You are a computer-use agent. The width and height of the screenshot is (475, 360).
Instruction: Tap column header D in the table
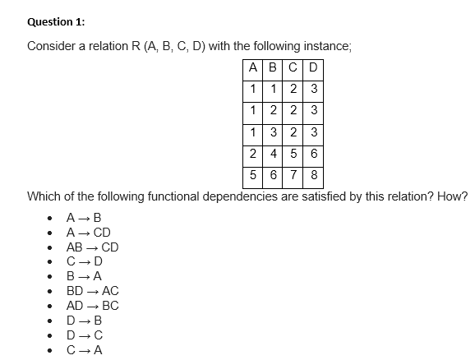[x=314, y=67]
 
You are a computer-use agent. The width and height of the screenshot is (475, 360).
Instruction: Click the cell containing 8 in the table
[x=314, y=175]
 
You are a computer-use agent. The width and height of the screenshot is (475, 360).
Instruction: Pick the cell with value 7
[x=294, y=175]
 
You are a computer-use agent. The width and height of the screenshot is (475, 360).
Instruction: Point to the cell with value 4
[x=273, y=154]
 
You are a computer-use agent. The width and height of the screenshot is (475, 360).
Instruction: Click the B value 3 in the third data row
[x=273, y=132]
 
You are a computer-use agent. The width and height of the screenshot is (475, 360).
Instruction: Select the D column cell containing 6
[x=314, y=154]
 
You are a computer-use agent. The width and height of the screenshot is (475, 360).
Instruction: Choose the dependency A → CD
[x=88, y=233]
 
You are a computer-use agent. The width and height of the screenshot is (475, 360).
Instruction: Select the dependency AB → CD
[x=92, y=247]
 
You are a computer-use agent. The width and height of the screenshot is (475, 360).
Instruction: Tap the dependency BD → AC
[x=92, y=291]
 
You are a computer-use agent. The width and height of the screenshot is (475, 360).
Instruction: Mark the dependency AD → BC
[x=92, y=306]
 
